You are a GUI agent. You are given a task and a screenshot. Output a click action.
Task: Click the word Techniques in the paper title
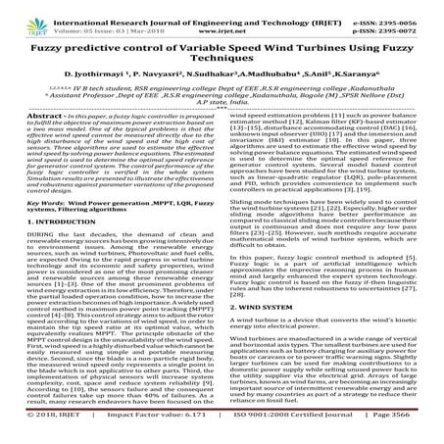[222, 57]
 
